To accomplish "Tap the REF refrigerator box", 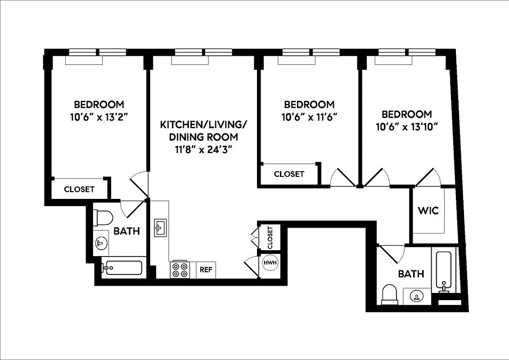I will (206, 270).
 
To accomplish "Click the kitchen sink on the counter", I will (160, 228).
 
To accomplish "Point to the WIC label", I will (428, 210).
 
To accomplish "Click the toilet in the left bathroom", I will (104, 218).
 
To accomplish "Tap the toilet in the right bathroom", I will (389, 295).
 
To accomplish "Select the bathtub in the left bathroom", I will (122, 268).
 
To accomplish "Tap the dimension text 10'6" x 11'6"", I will (309, 116).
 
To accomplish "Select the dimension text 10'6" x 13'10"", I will (407, 126).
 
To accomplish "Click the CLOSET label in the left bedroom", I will (79, 189).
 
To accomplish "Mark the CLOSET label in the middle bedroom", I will (289, 174).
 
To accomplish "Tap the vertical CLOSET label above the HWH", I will (270, 238).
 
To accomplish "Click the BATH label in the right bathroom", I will (411, 274).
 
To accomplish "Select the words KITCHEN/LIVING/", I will (203, 125).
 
